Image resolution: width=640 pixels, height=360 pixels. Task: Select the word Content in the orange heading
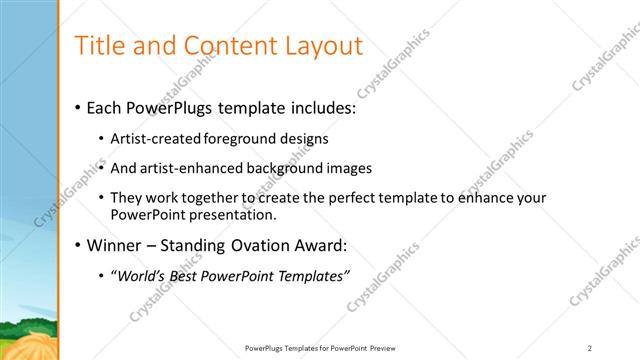click(x=220, y=45)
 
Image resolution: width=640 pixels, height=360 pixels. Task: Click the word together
click(x=207, y=198)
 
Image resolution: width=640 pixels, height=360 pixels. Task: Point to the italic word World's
click(x=142, y=276)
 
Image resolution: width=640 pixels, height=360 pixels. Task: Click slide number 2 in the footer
click(x=590, y=348)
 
